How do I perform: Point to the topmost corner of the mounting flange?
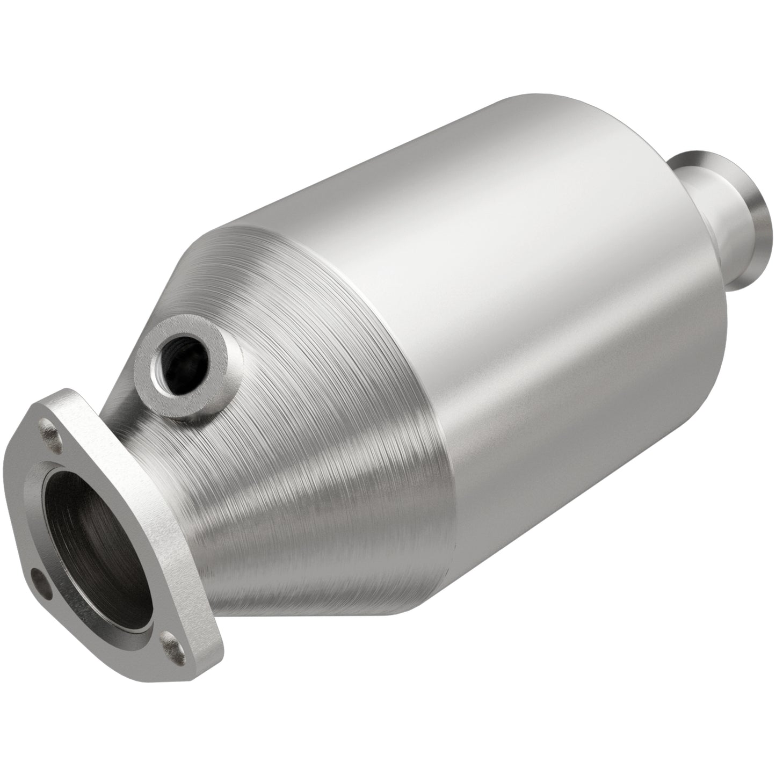pos(67,391)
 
